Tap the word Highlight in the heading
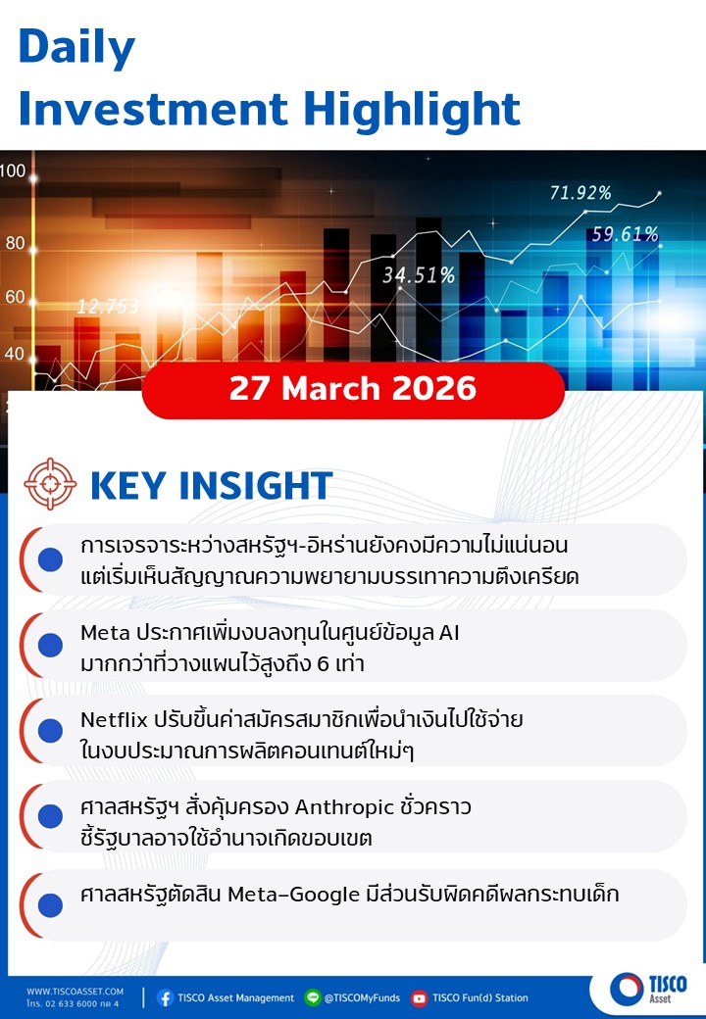412,109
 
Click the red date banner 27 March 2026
353,390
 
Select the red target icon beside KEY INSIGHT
50,484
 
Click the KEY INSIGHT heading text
211,485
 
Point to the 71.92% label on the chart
580,193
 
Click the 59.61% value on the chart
625,234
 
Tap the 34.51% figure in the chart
418,275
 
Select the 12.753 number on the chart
108,306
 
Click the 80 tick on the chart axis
15,243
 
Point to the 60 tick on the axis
15,297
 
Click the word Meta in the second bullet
105,632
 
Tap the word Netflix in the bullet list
114,719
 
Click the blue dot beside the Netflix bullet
50,731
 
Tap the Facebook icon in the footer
165,997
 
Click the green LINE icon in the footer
313,997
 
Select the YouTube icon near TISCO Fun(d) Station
420,997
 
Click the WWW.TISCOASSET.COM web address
75,992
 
